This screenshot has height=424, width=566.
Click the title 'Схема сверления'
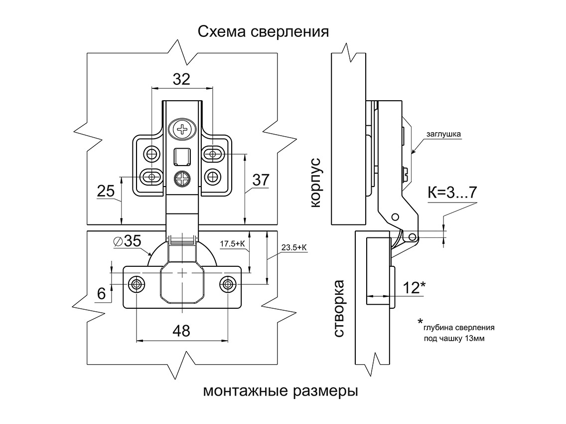(x=263, y=32)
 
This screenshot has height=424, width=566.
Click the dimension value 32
(x=181, y=79)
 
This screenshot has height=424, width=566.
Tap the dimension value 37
(x=261, y=180)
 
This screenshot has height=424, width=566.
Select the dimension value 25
(x=106, y=191)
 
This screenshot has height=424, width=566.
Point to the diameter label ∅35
(x=128, y=241)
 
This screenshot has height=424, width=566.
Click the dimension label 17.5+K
(x=233, y=244)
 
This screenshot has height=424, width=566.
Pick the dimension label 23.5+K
(x=294, y=247)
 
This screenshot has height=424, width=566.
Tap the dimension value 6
(x=102, y=293)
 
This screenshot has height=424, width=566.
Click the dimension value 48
(x=181, y=331)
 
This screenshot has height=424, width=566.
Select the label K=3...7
(x=452, y=193)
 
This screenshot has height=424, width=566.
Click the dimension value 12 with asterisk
(x=414, y=287)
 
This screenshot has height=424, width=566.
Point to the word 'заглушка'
(x=443, y=134)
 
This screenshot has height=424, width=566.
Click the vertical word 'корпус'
(x=315, y=183)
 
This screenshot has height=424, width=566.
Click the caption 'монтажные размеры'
(x=281, y=391)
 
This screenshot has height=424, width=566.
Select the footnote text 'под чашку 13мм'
(x=454, y=339)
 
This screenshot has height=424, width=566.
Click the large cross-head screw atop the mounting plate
(x=183, y=129)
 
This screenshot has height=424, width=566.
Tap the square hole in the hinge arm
(x=182, y=157)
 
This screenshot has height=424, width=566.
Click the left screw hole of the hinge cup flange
(x=137, y=284)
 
